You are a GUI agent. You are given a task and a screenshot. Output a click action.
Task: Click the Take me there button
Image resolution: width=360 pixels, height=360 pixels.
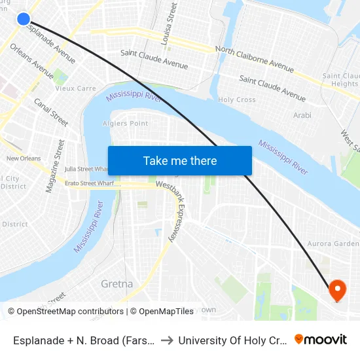pyautogui.click(x=179, y=161)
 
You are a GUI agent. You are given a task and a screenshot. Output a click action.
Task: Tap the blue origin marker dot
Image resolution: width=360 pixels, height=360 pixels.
pyautogui.click(x=24, y=19)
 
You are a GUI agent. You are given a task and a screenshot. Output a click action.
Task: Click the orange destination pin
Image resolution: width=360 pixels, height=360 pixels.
pyautogui.click(x=338, y=290)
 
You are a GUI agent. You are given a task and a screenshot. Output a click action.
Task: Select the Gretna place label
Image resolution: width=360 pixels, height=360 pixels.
pyautogui.click(x=117, y=284)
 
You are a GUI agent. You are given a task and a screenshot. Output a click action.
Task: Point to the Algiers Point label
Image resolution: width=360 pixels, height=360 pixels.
pyautogui.click(x=125, y=123)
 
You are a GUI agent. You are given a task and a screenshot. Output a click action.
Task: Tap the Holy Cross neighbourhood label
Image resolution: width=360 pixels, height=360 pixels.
pyautogui.click(x=236, y=99)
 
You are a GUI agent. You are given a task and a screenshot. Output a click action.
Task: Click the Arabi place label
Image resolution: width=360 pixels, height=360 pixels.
pyautogui.click(x=302, y=115)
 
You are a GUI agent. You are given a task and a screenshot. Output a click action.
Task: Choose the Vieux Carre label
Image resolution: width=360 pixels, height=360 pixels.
pyautogui.click(x=75, y=88)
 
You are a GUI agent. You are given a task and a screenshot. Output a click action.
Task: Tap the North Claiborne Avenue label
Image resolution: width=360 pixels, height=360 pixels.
pyautogui.click(x=255, y=58)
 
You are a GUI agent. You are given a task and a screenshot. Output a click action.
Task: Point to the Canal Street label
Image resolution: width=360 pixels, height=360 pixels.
pyautogui.click(x=51, y=112)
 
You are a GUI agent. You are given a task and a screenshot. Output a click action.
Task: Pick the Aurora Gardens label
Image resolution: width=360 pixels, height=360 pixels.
pyautogui.click(x=333, y=243)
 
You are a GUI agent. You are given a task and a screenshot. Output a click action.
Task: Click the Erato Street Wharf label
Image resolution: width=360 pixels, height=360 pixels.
pyautogui.click(x=89, y=183)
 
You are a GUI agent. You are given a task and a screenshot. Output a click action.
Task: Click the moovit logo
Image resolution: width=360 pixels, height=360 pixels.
pyautogui.click(x=321, y=340)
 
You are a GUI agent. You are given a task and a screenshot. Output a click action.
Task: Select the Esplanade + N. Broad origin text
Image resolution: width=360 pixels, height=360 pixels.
pyautogui.click(x=83, y=340)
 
